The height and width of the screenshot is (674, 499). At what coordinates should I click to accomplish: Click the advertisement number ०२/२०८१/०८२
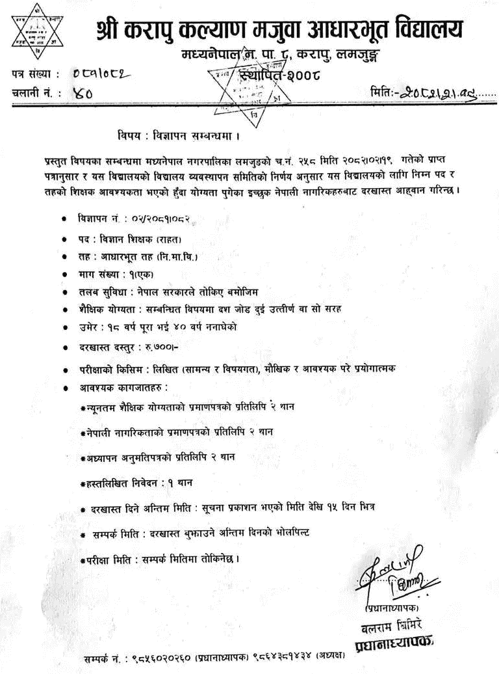click(x=148, y=219)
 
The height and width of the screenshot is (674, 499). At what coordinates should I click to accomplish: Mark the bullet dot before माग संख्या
click(x=63, y=275)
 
